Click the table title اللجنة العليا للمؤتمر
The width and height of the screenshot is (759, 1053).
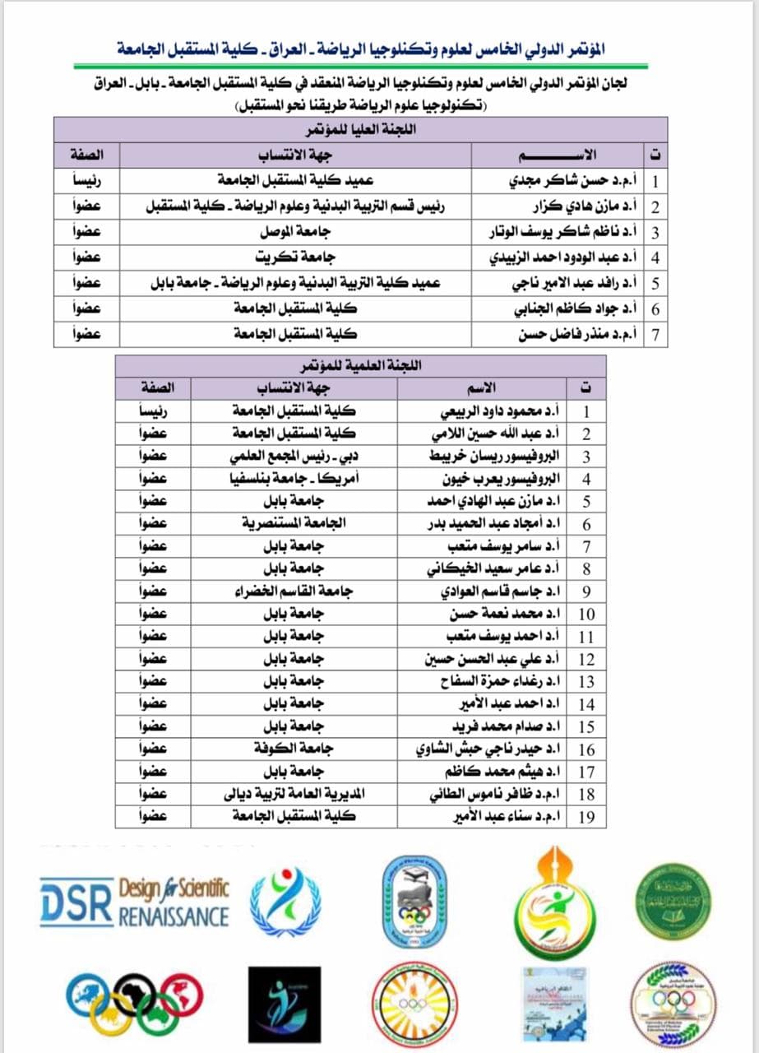coord(360,130)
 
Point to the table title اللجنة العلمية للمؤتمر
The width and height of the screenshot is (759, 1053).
coord(360,366)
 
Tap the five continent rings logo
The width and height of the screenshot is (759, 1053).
coord(134,1005)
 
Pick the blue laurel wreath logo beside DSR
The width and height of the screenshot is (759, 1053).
coord(285,902)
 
